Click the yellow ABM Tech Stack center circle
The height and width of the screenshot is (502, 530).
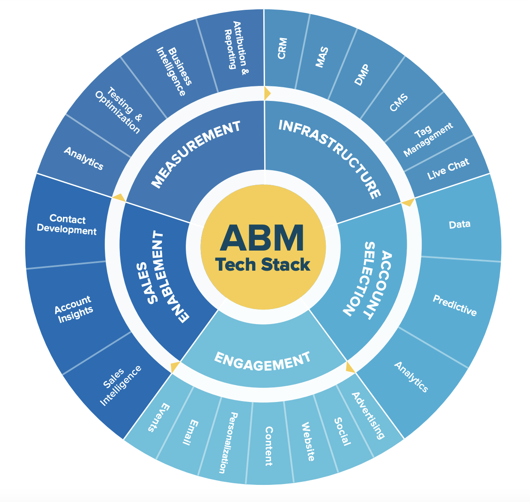[263, 247]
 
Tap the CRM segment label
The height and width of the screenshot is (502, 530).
[282, 48]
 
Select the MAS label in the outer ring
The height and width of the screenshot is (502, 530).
[322, 57]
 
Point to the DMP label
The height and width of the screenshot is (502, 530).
[362, 74]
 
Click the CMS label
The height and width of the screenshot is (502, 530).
[399, 102]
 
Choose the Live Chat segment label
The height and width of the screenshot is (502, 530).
[448, 169]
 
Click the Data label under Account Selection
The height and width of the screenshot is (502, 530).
[459, 224]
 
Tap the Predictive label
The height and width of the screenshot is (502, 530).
[455, 305]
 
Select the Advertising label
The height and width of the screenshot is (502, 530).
[368, 416]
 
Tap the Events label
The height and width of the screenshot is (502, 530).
[159, 418]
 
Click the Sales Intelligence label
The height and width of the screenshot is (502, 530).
[120, 386]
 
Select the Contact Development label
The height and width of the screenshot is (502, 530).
[67, 224]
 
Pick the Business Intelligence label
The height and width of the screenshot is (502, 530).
[174, 71]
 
